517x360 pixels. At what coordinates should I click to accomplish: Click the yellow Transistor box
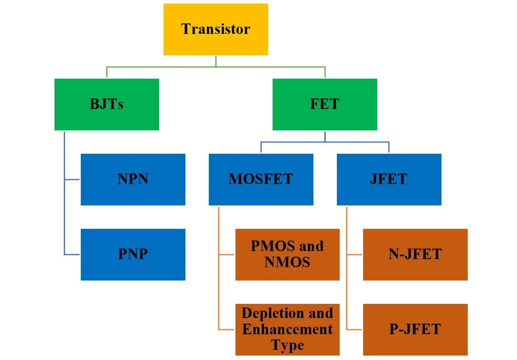tap(216, 29)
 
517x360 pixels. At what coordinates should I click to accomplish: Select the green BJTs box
tap(107, 105)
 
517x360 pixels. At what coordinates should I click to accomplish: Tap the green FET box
tap(325, 105)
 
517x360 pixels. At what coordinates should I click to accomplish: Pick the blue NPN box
tap(133, 180)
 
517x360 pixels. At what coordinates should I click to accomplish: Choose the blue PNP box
tap(133, 255)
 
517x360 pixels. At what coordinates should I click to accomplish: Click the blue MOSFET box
tap(261, 180)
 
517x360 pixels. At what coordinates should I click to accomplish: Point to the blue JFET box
tap(389, 180)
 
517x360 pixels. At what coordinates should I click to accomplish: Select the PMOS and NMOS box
tap(287, 255)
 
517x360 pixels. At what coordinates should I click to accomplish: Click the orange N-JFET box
tap(415, 255)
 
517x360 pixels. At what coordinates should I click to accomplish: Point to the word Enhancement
tap(287, 329)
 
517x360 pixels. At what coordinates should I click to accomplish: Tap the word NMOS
tap(287, 262)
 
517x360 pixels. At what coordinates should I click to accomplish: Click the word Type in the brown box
tap(287, 345)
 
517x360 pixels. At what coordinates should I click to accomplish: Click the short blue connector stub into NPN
tap(73, 180)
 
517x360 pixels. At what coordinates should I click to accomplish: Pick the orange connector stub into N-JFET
tap(355, 255)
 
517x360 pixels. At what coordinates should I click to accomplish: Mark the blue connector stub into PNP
tap(73, 255)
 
